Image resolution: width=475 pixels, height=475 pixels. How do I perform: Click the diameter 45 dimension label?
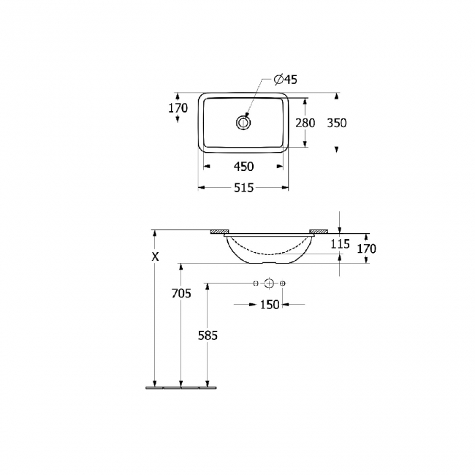point(285,80)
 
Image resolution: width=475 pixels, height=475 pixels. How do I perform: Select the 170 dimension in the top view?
point(178,108)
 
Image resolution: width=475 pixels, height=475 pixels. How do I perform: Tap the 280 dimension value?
point(305,123)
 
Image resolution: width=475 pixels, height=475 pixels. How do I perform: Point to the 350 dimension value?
point(336,123)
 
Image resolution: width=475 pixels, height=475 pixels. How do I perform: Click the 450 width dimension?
point(243,166)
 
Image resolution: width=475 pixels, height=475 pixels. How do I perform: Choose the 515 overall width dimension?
point(243,188)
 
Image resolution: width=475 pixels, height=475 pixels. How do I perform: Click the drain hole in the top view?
point(243,123)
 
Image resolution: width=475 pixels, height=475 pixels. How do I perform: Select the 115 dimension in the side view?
point(340,244)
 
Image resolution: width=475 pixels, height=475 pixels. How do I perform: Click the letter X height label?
point(154,256)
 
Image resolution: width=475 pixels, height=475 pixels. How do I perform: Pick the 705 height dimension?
point(180,294)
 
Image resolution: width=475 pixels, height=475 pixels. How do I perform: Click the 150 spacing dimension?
point(270,304)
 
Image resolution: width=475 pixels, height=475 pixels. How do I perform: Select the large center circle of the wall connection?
point(269,283)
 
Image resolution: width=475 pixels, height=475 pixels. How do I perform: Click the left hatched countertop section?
point(218,232)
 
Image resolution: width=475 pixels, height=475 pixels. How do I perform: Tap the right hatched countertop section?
point(319,232)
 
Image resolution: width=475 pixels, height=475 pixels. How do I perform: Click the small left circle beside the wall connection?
point(255,283)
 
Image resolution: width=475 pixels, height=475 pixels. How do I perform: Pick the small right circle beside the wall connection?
point(283,283)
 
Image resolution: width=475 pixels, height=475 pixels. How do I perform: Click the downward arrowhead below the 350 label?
point(336,150)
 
